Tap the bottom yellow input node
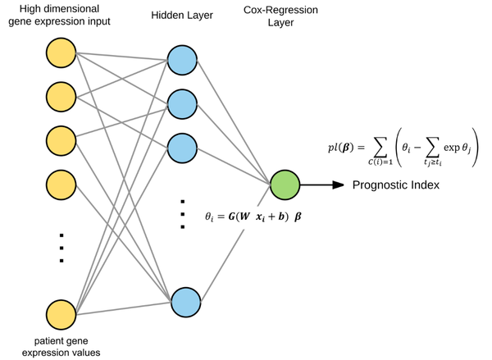tap(61, 315)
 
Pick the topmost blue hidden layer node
tap(181, 60)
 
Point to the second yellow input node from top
tap(61, 97)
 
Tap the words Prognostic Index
tap(396, 185)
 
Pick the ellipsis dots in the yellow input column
tap(61, 248)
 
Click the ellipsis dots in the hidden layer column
tap(181, 213)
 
